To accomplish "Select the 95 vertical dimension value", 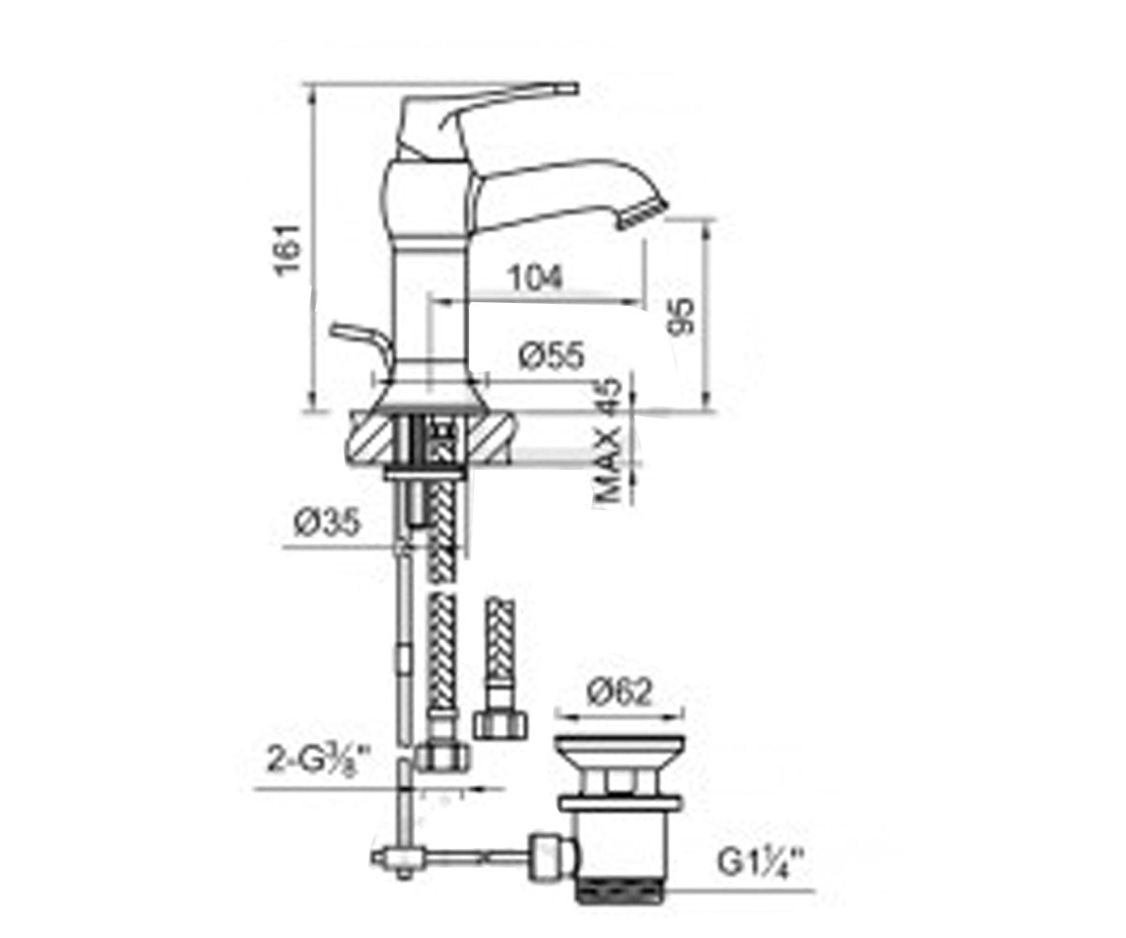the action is pyautogui.click(x=680, y=316).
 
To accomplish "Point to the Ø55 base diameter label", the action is pyautogui.click(x=552, y=356).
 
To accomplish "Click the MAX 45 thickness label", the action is pyautogui.click(x=608, y=442).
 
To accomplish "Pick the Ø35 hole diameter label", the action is pyautogui.click(x=327, y=522).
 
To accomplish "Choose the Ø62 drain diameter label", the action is pyautogui.click(x=619, y=693).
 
